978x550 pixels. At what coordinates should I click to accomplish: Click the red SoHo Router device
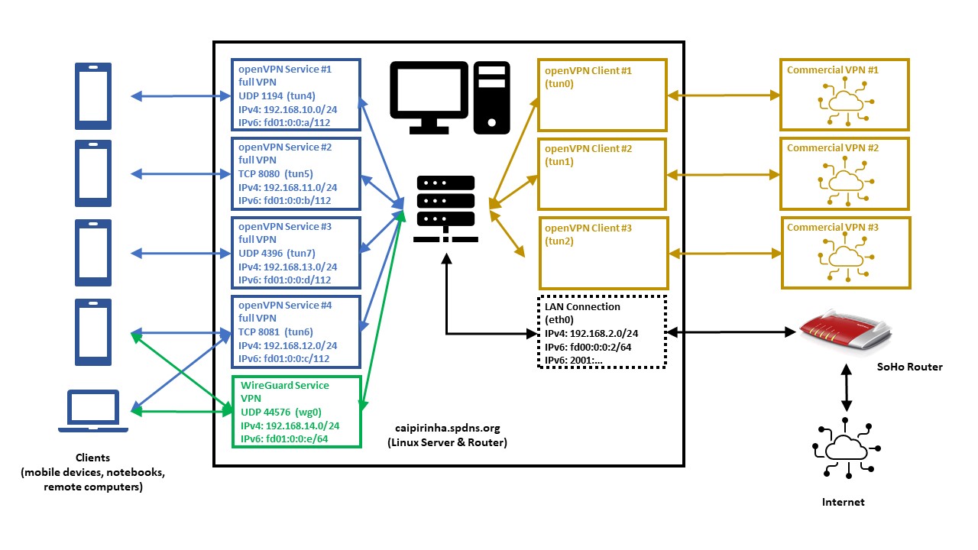tap(845, 331)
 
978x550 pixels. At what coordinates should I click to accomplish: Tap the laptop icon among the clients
tap(93, 411)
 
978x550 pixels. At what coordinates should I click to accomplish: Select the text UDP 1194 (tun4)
tap(277, 95)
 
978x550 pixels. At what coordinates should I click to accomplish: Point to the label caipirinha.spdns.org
tap(448, 429)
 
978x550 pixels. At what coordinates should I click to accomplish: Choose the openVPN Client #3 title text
tap(588, 228)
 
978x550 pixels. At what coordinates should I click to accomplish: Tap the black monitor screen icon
tap(429, 97)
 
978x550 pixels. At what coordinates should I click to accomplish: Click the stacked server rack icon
tap(445, 209)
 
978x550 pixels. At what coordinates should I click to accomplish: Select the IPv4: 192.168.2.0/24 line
tap(591, 334)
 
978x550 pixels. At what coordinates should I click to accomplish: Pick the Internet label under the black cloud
tap(843, 502)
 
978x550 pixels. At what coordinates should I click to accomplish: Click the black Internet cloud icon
tap(846, 448)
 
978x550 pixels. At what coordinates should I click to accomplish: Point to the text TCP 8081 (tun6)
tap(276, 332)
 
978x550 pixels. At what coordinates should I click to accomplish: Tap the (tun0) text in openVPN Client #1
tap(559, 83)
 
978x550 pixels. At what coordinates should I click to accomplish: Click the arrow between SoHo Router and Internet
tap(846, 387)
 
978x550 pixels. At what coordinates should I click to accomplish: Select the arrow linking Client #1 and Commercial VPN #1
tap(724, 95)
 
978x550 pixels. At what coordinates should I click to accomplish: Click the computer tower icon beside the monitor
tap(491, 97)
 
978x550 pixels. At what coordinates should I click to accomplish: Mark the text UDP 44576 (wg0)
tap(280, 412)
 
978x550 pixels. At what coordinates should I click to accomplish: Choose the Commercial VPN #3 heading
tap(833, 227)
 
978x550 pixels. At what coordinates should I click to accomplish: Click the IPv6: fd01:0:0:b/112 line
tap(285, 200)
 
